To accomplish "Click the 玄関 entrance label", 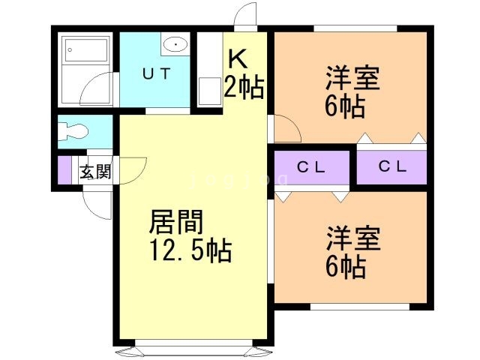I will click(x=95, y=172).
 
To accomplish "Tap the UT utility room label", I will click(x=158, y=73).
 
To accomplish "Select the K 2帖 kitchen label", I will click(x=244, y=75).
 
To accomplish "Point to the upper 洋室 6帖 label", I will click(x=352, y=92).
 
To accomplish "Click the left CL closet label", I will click(x=311, y=168).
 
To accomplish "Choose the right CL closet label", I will click(x=392, y=168).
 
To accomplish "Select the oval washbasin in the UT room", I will click(x=175, y=44).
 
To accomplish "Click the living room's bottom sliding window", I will click(x=191, y=349).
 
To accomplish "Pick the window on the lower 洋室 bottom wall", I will click(x=359, y=305).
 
